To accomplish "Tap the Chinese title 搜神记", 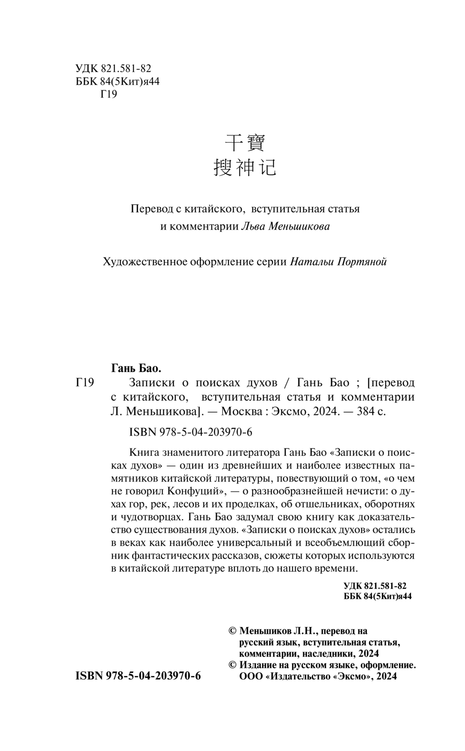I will tap(245, 167).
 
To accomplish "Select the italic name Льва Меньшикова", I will tap(286, 226).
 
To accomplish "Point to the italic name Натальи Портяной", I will tap(339, 262).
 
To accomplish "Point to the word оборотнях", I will tap(389, 504).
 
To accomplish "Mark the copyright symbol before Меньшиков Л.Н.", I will tap(233, 631).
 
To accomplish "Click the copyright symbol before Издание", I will tap(233, 665).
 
